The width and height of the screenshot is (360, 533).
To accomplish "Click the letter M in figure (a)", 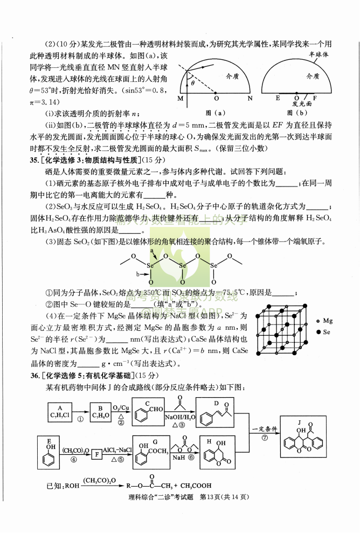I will (x=180, y=99).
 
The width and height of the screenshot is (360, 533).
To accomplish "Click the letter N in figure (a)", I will (x=250, y=99).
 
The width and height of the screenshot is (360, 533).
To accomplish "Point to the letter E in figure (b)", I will (x=278, y=98).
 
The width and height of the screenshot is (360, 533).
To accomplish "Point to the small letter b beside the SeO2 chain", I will (x=138, y=274).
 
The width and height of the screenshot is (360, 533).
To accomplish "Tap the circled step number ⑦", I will (x=265, y=438).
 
